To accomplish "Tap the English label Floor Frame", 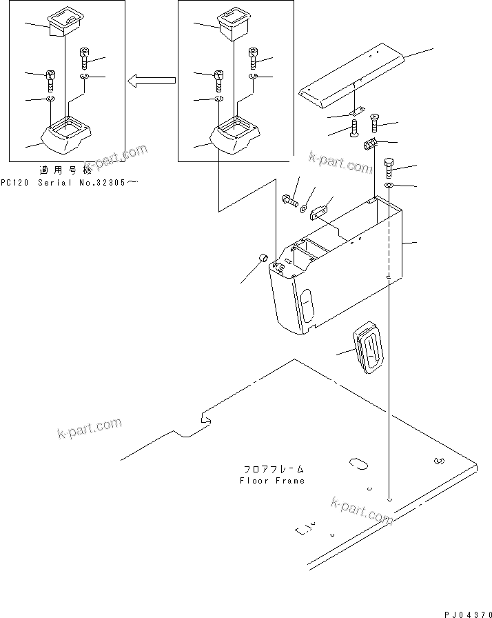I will click(271, 480).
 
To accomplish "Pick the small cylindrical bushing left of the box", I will click(263, 259).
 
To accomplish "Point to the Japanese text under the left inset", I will click(65, 170).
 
